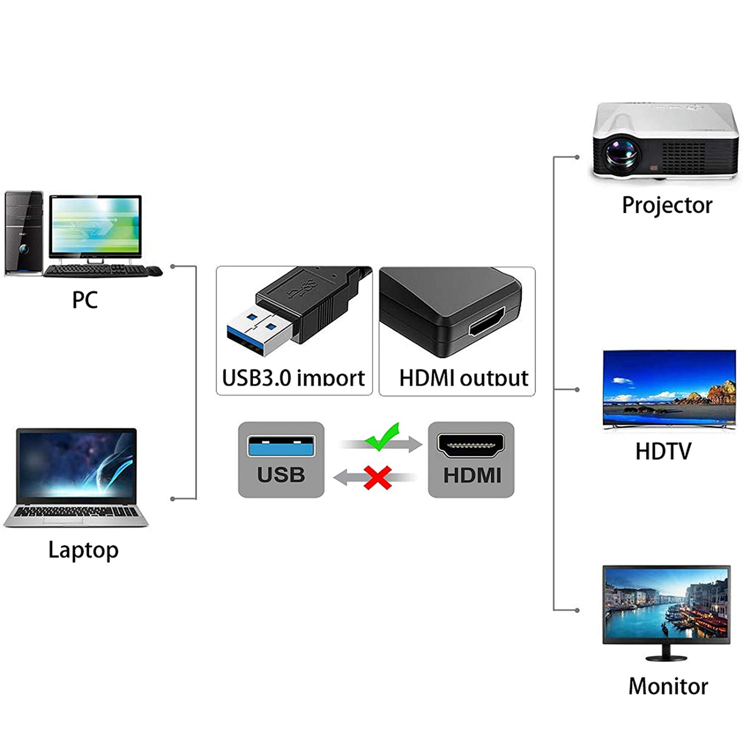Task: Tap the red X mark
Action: pos(378,478)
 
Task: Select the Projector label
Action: pos(667,205)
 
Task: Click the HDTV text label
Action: pos(663,452)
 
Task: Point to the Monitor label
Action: pos(668,686)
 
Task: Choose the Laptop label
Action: pos(83,550)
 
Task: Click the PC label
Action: pos(85,300)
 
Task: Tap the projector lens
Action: pos(621,153)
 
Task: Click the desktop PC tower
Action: pos(23,234)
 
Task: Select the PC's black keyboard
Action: pos(94,271)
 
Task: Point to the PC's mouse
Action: pos(154,271)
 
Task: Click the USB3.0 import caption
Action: pos(293,378)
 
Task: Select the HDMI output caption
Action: pos(463,378)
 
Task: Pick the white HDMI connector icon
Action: pos(470,445)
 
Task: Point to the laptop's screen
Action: pos(76,464)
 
